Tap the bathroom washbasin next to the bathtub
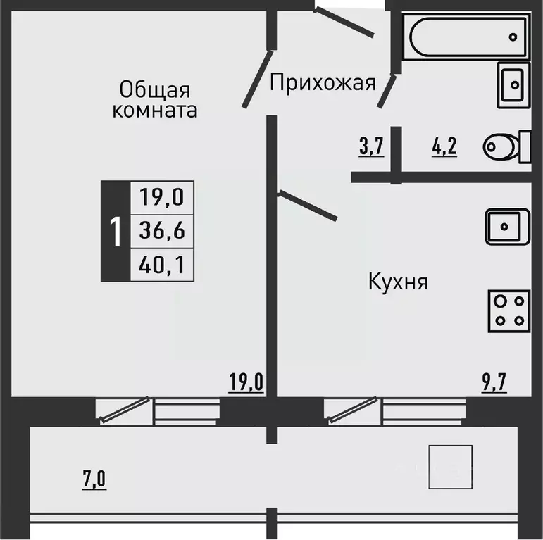tap(515, 84)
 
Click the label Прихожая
tap(322, 84)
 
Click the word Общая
tap(155, 89)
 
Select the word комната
tap(155, 111)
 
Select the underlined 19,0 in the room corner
tap(246, 384)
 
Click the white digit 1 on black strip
tap(114, 230)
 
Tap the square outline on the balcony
tap(451, 467)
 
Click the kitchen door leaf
tap(308, 205)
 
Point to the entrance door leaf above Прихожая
tap(343, 21)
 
